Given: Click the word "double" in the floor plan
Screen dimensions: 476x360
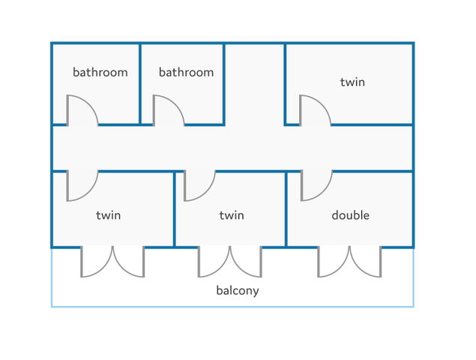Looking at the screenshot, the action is pos(350,215).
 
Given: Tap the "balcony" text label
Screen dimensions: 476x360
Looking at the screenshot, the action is pos(238,290).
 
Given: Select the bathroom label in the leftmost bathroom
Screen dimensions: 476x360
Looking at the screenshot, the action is pos(100,72).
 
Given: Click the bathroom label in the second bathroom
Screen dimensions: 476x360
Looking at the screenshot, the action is pos(186,72).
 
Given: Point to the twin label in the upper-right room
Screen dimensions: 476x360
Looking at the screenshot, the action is pos(352,82).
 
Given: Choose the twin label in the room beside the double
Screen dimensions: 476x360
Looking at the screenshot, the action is pos(232,215).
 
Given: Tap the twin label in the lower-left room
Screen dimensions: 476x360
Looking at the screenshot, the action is pos(109,215).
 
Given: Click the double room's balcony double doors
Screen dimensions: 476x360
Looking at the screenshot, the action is pos(350,262).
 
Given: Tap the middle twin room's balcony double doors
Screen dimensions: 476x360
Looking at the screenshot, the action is pos(230,262).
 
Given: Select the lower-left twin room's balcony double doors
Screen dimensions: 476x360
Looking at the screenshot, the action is pos(112,262).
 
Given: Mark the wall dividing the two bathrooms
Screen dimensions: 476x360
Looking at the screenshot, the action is pos(140,84).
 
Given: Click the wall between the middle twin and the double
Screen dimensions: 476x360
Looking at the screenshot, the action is pos(286,209).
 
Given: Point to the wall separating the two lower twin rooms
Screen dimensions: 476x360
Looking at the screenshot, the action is pos(175,209).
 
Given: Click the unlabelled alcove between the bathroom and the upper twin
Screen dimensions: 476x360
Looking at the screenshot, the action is pos(255,84).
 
